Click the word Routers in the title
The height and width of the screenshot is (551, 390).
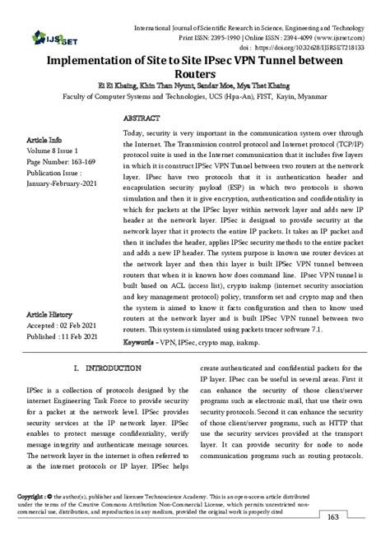tap(194, 74)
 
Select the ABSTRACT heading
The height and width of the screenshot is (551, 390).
tap(140, 118)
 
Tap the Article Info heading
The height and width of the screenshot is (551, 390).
tap(44, 140)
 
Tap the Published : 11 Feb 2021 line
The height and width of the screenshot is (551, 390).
tap(63, 337)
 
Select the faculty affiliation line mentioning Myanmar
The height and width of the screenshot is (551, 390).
tap(194, 96)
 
